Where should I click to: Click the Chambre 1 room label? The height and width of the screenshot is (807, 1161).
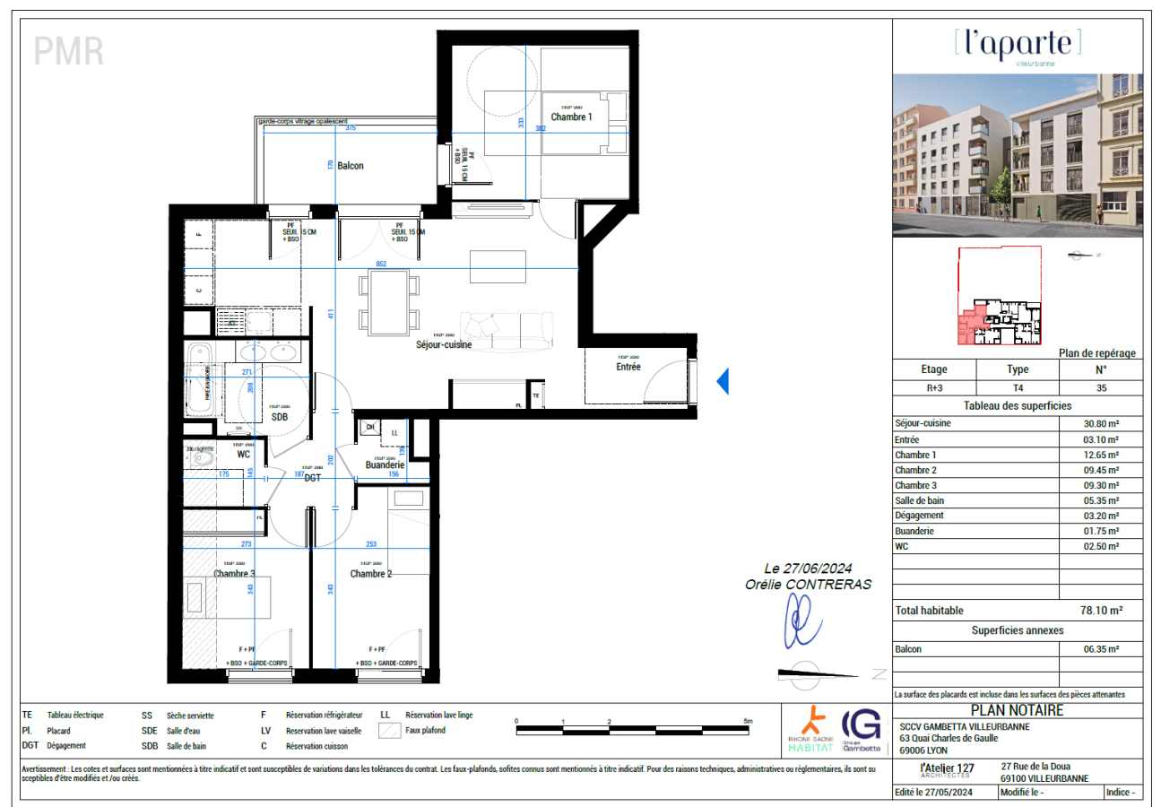tap(571, 117)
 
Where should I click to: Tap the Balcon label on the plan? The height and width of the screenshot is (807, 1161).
tap(350, 166)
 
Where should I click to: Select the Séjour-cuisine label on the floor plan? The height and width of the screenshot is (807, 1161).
tap(443, 344)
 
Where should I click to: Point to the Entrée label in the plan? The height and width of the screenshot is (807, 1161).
tap(628, 366)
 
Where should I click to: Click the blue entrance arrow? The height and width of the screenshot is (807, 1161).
tap(723, 382)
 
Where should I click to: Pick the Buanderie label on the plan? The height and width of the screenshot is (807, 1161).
tap(385, 465)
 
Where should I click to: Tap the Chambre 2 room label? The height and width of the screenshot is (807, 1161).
tap(371, 574)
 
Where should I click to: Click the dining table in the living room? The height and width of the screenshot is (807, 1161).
tap(388, 301)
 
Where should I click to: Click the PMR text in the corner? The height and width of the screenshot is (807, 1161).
tap(69, 52)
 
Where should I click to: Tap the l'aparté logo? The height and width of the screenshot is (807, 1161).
tap(1018, 44)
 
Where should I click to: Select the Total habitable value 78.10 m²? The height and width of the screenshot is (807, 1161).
tap(1099, 610)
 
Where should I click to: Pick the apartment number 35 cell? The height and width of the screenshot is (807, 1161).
tap(1100, 388)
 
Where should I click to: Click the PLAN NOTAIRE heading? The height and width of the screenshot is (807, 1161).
tap(1018, 710)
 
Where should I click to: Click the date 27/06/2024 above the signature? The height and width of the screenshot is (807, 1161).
tap(807, 568)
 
